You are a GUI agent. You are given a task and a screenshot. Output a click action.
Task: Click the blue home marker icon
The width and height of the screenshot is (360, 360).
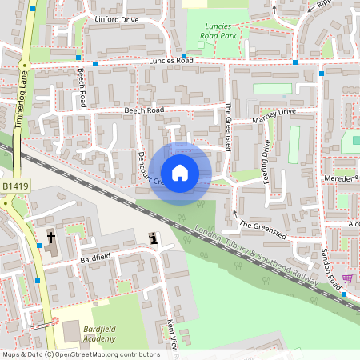coord(180,172)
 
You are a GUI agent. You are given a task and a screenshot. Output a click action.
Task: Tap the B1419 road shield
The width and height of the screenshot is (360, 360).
coord(13,186)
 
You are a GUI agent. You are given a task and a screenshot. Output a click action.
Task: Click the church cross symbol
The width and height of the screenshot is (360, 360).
coord(50,237)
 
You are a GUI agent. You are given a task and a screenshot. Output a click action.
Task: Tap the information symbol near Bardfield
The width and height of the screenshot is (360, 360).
coord(154,238)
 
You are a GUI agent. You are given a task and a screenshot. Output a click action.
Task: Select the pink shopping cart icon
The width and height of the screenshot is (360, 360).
coord(347,278)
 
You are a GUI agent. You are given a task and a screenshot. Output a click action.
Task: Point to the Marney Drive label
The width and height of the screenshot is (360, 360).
coord(274,116)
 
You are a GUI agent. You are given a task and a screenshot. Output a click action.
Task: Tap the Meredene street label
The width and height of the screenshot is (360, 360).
coord(341,180)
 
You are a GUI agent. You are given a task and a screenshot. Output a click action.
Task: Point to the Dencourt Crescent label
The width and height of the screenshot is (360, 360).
coord(147,166)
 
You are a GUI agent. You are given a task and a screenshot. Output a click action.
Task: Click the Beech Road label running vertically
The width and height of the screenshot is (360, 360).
coord(81,87)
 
